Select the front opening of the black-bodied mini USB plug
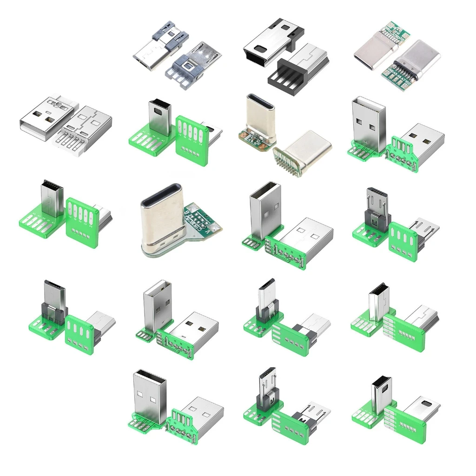point(255,49)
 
